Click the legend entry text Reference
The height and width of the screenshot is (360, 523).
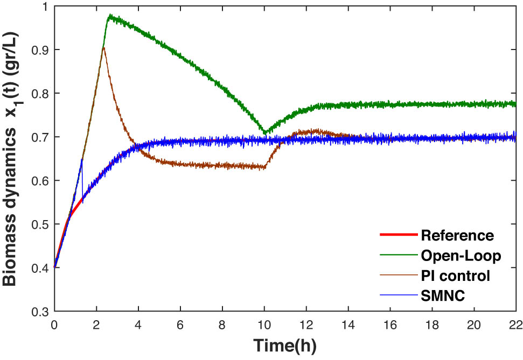(457, 235)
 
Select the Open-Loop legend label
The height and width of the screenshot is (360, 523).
(461, 256)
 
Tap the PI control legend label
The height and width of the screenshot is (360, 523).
(455, 276)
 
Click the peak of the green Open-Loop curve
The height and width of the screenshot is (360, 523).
(110, 16)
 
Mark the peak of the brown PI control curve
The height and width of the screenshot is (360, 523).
(103, 48)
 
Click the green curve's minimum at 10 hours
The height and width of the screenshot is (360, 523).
(264, 132)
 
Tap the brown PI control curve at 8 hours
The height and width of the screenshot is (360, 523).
(222, 166)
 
